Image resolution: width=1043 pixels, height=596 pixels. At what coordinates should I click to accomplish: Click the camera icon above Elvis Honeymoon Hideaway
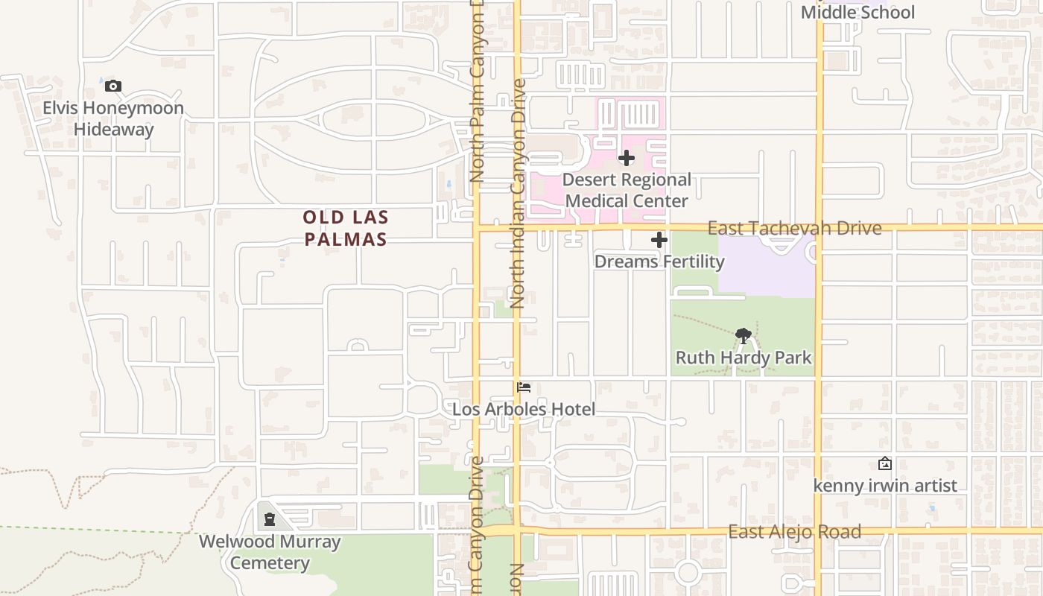tap(113, 86)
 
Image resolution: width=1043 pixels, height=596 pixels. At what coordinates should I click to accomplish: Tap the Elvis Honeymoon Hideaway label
tap(113, 119)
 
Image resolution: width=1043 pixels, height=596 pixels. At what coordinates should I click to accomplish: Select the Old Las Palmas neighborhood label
tap(346, 228)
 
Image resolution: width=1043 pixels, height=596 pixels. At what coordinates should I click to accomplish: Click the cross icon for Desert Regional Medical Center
tap(627, 158)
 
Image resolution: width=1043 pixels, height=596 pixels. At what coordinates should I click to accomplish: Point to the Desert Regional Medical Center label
tap(627, 191)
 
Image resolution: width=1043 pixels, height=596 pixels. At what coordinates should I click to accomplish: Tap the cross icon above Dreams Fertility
tap(659, 241)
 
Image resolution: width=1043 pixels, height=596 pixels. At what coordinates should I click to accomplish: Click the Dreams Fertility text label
tap(659, 261)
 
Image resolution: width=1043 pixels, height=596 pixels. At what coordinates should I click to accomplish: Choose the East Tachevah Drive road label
tap(794, 228)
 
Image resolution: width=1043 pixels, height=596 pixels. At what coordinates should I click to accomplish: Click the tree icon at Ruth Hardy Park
tap(743, 335)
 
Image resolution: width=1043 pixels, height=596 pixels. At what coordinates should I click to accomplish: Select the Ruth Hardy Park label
tap(744, 358)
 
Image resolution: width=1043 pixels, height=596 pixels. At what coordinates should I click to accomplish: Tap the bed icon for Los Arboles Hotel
tap(524, 387)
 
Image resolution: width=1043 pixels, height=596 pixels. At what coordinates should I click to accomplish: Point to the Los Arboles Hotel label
tap(524, 409)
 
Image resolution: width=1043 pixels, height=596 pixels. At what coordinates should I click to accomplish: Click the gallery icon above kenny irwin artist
tap(885, 463)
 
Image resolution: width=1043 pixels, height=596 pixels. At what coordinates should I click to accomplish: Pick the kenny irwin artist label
tap(885, 486)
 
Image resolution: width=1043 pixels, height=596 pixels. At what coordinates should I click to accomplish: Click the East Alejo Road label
tap(795, 532)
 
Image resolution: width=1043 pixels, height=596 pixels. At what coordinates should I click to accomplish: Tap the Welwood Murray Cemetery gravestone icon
tap(269, 519)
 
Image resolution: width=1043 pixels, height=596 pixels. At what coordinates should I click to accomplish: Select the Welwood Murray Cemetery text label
tap(270, 552)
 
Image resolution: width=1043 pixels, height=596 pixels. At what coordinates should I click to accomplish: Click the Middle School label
tap(857, 13)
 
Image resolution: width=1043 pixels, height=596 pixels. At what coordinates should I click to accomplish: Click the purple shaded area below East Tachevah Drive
tap(767, 268)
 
